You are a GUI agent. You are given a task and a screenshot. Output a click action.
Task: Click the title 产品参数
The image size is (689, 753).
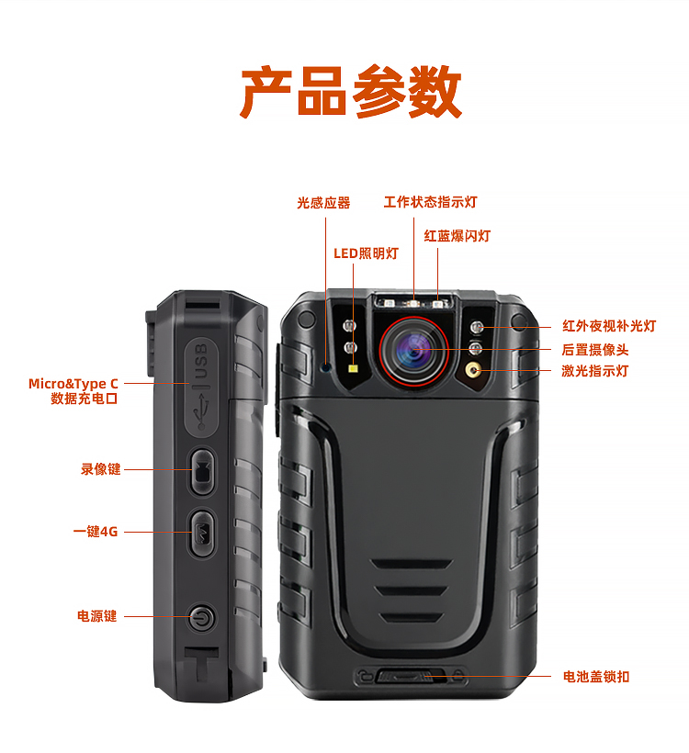pos(351,91)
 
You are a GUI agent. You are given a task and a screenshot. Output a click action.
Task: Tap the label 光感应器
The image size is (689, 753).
pos(323,203)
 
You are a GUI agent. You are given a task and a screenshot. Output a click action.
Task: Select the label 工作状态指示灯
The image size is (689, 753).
pos(430,202)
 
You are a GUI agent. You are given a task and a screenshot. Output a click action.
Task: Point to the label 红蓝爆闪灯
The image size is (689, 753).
pos(457,236)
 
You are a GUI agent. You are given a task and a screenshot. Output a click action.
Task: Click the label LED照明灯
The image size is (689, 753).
pos(367,253)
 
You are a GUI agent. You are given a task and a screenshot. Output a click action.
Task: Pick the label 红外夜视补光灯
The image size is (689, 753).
pos(609,326)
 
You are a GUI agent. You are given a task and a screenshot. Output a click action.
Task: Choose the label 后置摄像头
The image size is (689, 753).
pos(595,350)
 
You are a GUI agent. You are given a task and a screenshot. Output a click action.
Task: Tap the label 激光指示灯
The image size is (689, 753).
pos(595,371)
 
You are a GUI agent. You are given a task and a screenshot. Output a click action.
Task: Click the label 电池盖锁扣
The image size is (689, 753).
pos(596,677)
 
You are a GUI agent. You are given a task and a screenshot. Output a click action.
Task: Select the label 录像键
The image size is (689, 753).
pos(100,469)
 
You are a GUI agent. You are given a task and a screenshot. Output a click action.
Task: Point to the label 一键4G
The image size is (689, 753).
pos(96,532)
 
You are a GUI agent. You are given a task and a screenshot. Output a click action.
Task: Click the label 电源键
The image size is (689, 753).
pos(97,616)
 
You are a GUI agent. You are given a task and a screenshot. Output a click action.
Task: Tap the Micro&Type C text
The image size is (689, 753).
pos(73,384)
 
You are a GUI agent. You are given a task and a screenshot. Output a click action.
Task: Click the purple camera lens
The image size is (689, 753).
pos(413,350)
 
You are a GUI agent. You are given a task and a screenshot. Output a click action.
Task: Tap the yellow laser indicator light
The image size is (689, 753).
pos(474,370)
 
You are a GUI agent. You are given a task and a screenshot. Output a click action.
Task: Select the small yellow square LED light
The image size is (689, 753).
pos(353,369)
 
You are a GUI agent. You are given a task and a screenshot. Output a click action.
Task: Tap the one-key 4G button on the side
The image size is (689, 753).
pos(201,533)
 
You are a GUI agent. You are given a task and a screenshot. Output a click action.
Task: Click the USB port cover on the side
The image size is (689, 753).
pos(202,388)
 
